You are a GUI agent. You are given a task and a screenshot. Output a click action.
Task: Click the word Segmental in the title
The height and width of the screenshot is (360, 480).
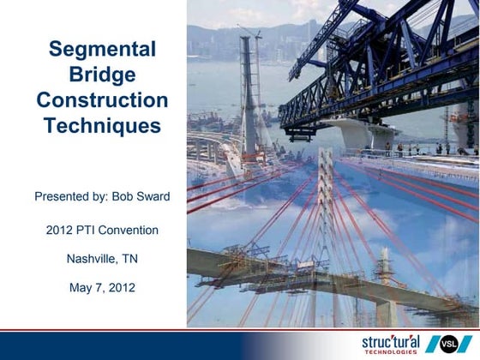102,50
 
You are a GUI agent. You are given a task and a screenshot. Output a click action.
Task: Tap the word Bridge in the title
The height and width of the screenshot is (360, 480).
102,75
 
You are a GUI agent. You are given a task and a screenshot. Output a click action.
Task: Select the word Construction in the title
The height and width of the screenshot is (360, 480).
102,99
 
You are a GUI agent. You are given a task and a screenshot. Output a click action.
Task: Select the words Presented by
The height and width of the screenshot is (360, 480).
65,196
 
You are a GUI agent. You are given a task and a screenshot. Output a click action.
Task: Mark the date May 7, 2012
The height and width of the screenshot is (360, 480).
102,286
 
